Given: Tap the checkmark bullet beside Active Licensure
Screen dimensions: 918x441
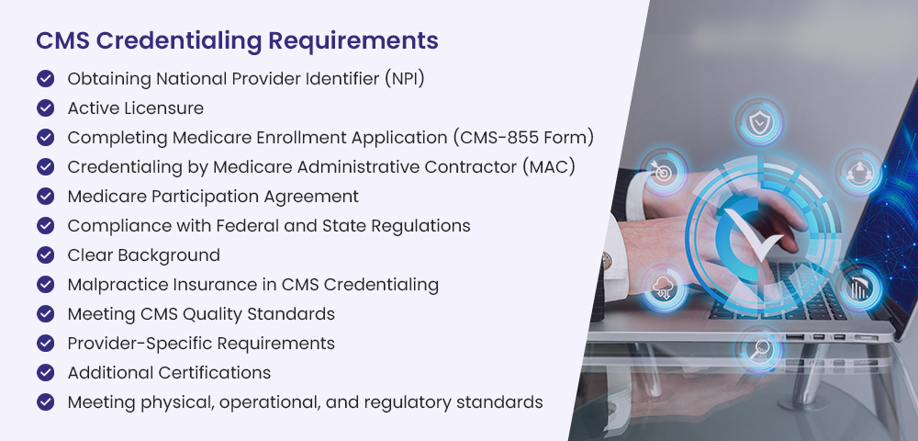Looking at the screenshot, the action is pos(45,107).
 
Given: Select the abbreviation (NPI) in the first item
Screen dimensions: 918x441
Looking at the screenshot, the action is pos(405,78).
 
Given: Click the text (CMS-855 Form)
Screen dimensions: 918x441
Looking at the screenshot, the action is pos(523,138).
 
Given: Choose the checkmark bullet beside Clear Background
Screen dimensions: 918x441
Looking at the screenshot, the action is pos(45,254).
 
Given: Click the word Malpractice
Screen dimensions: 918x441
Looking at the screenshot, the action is pos(113,285).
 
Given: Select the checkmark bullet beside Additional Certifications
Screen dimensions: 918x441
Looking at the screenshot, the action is pos(45,372).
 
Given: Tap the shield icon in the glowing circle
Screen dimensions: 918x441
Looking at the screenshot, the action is pos(759,122).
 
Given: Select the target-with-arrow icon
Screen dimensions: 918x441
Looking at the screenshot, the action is pos(663,172).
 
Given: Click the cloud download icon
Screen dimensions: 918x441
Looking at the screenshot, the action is pos(664,288).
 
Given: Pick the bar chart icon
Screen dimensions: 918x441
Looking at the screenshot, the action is pos(859,288).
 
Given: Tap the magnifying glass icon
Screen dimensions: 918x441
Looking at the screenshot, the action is pos(759,349).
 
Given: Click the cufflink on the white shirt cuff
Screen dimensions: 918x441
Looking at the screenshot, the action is pos(607,257).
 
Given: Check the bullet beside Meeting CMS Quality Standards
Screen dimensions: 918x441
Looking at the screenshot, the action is pos(45,313).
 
